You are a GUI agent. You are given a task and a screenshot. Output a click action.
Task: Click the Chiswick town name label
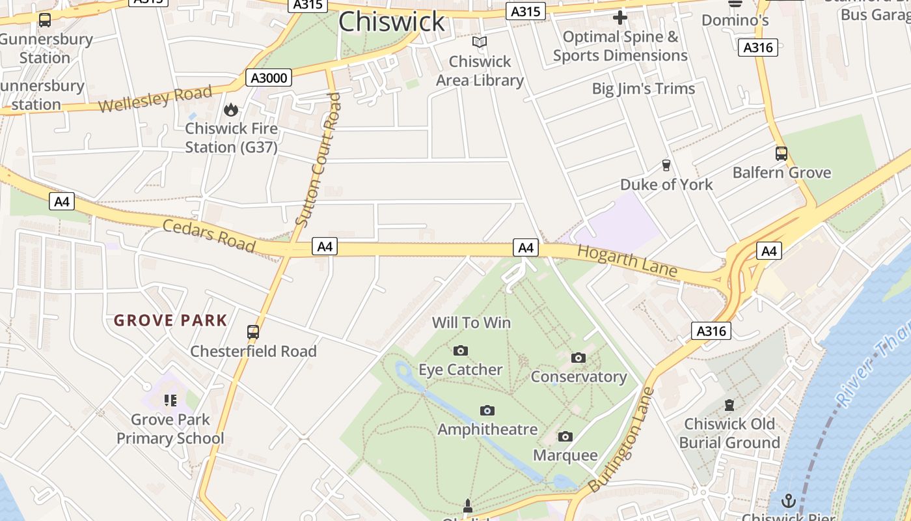(391, 21)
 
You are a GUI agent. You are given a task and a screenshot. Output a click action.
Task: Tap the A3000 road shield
(269, 78)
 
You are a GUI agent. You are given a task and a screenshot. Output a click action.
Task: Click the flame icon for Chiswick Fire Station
(230, 109)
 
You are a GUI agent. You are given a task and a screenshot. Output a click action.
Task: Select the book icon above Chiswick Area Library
(480, 42)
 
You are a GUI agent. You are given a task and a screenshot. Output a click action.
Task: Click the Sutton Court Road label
(318, 160)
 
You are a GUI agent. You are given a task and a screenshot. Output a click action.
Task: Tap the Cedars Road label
(208, 234)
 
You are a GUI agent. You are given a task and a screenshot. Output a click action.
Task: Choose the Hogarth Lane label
(627, 260)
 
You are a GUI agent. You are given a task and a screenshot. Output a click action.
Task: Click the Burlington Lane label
(621, 440)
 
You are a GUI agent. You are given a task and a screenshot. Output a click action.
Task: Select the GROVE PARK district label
(170, 320)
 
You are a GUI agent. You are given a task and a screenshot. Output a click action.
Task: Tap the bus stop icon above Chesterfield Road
(253, 332)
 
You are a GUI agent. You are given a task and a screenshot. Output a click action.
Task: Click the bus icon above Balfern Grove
(782, 154)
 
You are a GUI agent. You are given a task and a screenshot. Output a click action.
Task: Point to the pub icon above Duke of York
(666, 165)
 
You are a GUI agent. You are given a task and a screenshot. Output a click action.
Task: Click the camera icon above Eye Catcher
(461, 351)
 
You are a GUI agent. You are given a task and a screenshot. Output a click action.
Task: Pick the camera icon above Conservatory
(578, 358)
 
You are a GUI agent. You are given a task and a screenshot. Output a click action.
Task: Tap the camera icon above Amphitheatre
(487, 410)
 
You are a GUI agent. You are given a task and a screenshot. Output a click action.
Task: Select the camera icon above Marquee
(565, 436)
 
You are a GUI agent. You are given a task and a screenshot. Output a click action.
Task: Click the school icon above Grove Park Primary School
(170, 400)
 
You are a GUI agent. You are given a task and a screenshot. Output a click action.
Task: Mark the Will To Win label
(472, 322)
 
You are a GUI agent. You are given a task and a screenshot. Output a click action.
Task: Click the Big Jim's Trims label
(643, 89)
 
